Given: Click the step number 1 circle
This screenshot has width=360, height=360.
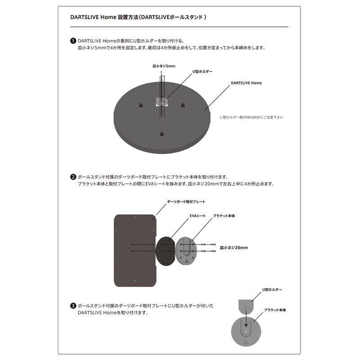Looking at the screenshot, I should [x=73, y=40].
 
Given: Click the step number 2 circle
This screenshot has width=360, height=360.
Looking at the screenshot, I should [x=73, y=177].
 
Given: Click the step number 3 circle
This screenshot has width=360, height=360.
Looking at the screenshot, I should [x=73, y=306].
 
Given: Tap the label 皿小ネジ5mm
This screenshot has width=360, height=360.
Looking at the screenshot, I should [x=164, y=66].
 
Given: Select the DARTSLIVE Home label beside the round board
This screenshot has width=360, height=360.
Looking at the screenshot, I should [x=246, y=83].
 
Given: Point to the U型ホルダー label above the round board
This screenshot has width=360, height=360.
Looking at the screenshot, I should [x=202, y=72].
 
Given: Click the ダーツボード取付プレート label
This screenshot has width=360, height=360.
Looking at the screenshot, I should [x=186, y=202].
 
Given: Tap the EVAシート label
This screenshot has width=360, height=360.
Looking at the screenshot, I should [x=198, y=216].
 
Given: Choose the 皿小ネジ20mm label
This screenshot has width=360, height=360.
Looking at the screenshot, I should [x=234, y=247].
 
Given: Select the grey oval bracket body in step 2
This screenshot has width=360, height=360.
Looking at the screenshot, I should [x=186, y=250].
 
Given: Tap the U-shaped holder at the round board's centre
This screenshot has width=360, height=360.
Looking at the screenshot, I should [x=162, y=102].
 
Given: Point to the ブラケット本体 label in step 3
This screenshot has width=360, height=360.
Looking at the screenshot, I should [x=275, y=310].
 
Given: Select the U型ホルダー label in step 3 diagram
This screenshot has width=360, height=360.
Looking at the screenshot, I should [x=272, y=291].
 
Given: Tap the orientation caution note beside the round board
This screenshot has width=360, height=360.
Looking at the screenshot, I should [x=251, y=117].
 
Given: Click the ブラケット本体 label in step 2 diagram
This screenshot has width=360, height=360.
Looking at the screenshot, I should [x=224, y=216].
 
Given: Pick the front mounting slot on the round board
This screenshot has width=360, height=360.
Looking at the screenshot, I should [x=162, y=133].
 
